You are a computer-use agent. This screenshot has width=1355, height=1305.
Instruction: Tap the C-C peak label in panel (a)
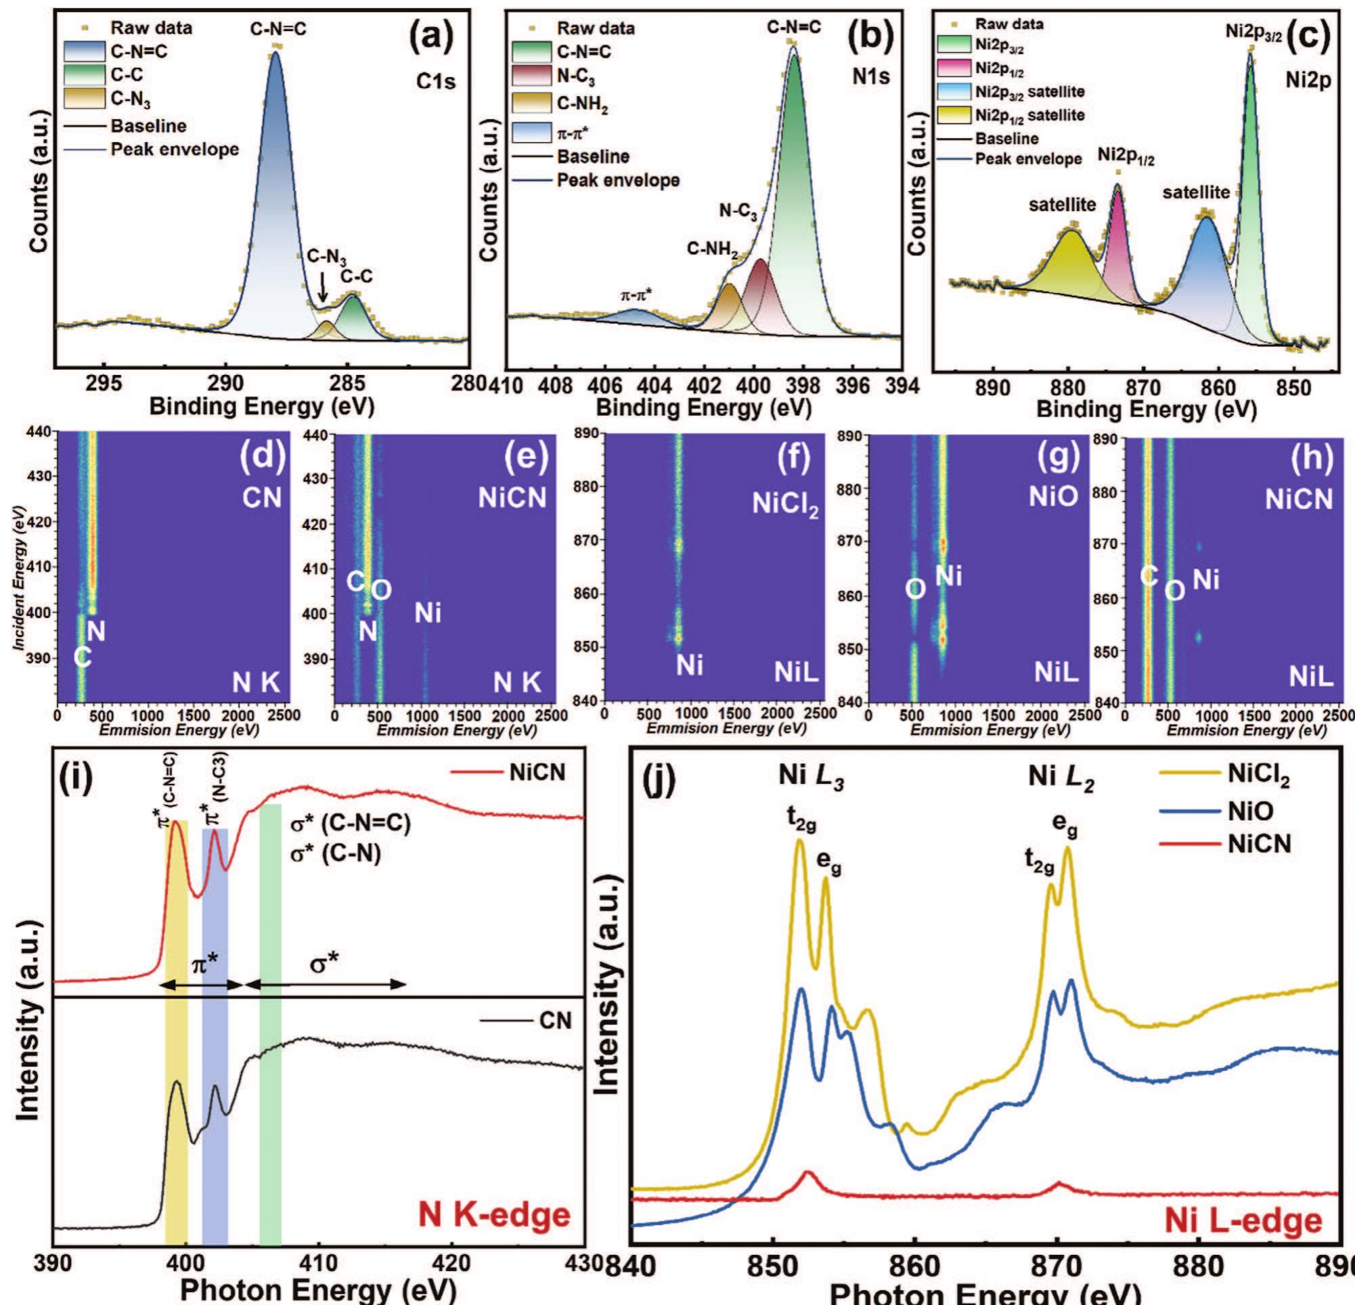(x=357, y=276)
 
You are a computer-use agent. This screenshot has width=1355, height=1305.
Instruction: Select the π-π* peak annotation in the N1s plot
(x=636, y=295)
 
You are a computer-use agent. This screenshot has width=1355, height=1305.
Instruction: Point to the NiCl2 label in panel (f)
(x=784, y=506)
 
